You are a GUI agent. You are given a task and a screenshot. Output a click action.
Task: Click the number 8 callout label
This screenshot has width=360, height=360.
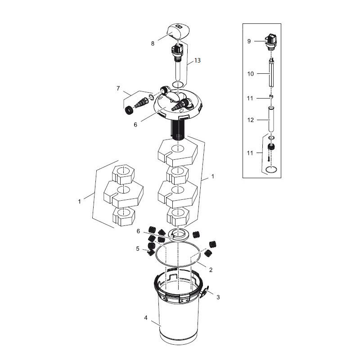pyautogui.click(x=153, y=44)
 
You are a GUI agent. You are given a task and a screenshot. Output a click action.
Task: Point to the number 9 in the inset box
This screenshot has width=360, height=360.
pyautogui.click(x=249, y=41)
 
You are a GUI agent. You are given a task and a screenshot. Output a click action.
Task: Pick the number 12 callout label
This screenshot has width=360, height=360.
pyautogui.click(x=250, y=120)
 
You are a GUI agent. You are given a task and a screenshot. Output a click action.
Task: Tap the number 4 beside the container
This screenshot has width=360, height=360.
pyautogui.click(x=145, y=318)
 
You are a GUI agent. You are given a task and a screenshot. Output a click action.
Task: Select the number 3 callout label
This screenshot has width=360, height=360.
pyautogui.click(x=218, y=297)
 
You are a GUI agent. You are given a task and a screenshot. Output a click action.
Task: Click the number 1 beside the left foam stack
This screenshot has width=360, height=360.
pyautogui.click(x=79, y=202)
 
